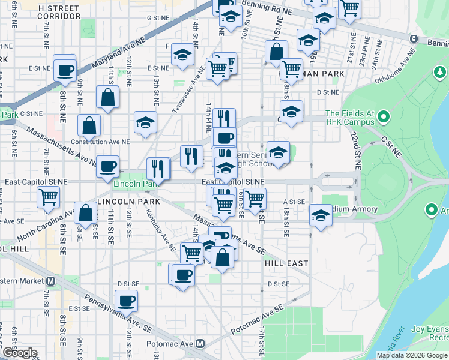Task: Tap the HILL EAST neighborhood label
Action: tap(286, 263)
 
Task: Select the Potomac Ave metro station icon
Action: tap(200, 344)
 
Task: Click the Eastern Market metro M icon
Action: tap(52, 281)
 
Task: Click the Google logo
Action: tap(19, 353)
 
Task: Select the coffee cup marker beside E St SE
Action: tap(126, 301)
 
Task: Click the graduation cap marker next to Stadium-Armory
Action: tap(321, 215)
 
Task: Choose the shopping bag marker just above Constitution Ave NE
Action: tap(89, 125)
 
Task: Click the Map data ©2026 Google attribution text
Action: tap(411, 355)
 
